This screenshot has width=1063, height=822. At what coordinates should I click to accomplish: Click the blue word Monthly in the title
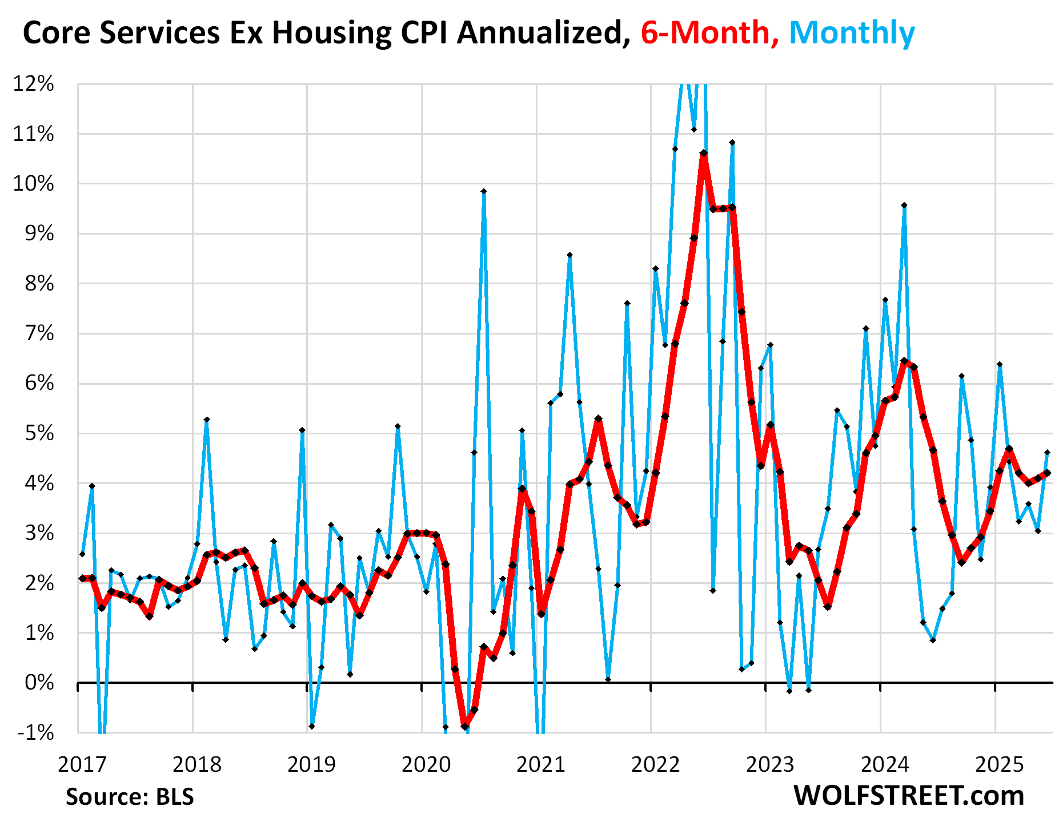tap(851, 33)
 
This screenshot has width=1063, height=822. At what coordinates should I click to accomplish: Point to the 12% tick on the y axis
tap(33, 84)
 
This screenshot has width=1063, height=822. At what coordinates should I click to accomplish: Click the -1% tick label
tap(35, 732)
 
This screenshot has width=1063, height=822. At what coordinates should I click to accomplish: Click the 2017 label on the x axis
tap(82, 764)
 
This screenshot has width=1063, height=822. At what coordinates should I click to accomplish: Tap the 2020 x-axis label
tap(426, 764)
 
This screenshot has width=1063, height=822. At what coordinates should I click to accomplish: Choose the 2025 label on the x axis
tap(998, 764)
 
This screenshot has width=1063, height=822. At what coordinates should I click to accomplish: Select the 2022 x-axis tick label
tap(655, 764)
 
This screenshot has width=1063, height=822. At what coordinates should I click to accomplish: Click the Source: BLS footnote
tap(130, 797)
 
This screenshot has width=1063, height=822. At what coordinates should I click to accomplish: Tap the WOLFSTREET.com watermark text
tap(908, 796)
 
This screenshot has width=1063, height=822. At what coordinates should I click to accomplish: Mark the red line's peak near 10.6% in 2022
tap(703, 153)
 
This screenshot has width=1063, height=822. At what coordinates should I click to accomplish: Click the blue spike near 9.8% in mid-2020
tap(483, 192)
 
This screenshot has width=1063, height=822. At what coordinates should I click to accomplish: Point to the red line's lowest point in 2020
tap(464, 727)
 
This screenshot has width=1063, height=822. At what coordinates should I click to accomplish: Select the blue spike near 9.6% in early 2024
tap(904, 205)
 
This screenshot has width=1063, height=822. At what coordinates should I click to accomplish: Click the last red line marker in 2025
tap(1047, 473)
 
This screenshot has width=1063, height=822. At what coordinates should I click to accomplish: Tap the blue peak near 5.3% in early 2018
tap(207, 420)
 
